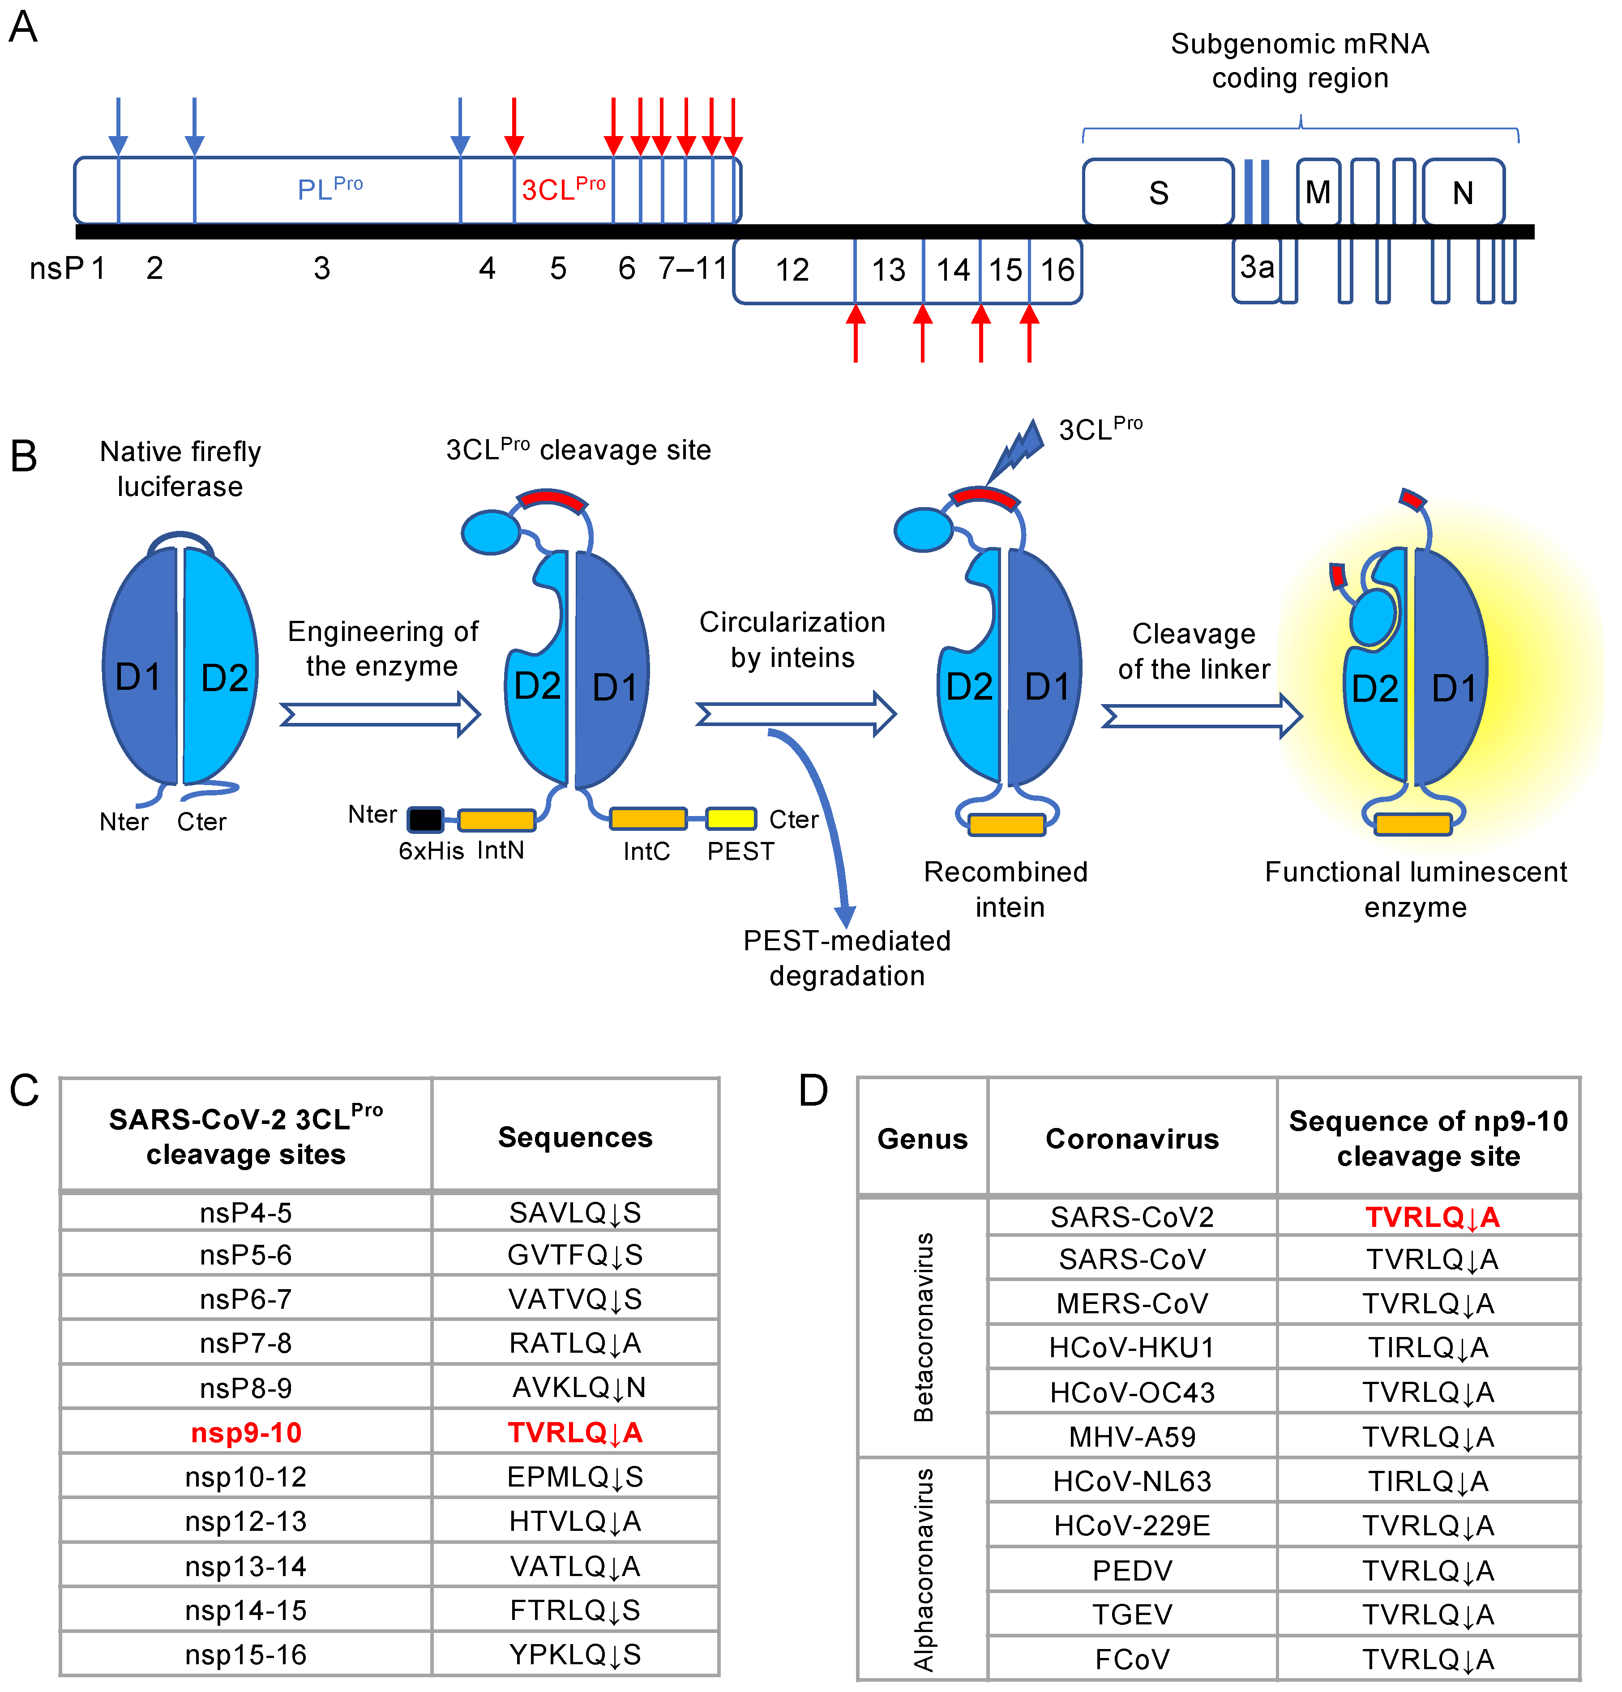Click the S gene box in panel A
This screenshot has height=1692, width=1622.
tap(1158, 192)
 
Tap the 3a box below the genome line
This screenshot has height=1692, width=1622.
tap(1256, 269)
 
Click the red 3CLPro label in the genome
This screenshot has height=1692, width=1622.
tap(563, 188)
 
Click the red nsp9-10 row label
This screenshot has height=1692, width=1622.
tap(246, 1433)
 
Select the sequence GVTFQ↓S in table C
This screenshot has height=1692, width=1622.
tap(575, 1254)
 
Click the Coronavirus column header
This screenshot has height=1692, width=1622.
tap(1132, 1139)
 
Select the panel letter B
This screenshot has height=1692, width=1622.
tap(23, 456)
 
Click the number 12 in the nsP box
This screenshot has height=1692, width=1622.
tap(792, 270)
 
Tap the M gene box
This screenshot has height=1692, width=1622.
tap(1317, 192)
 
